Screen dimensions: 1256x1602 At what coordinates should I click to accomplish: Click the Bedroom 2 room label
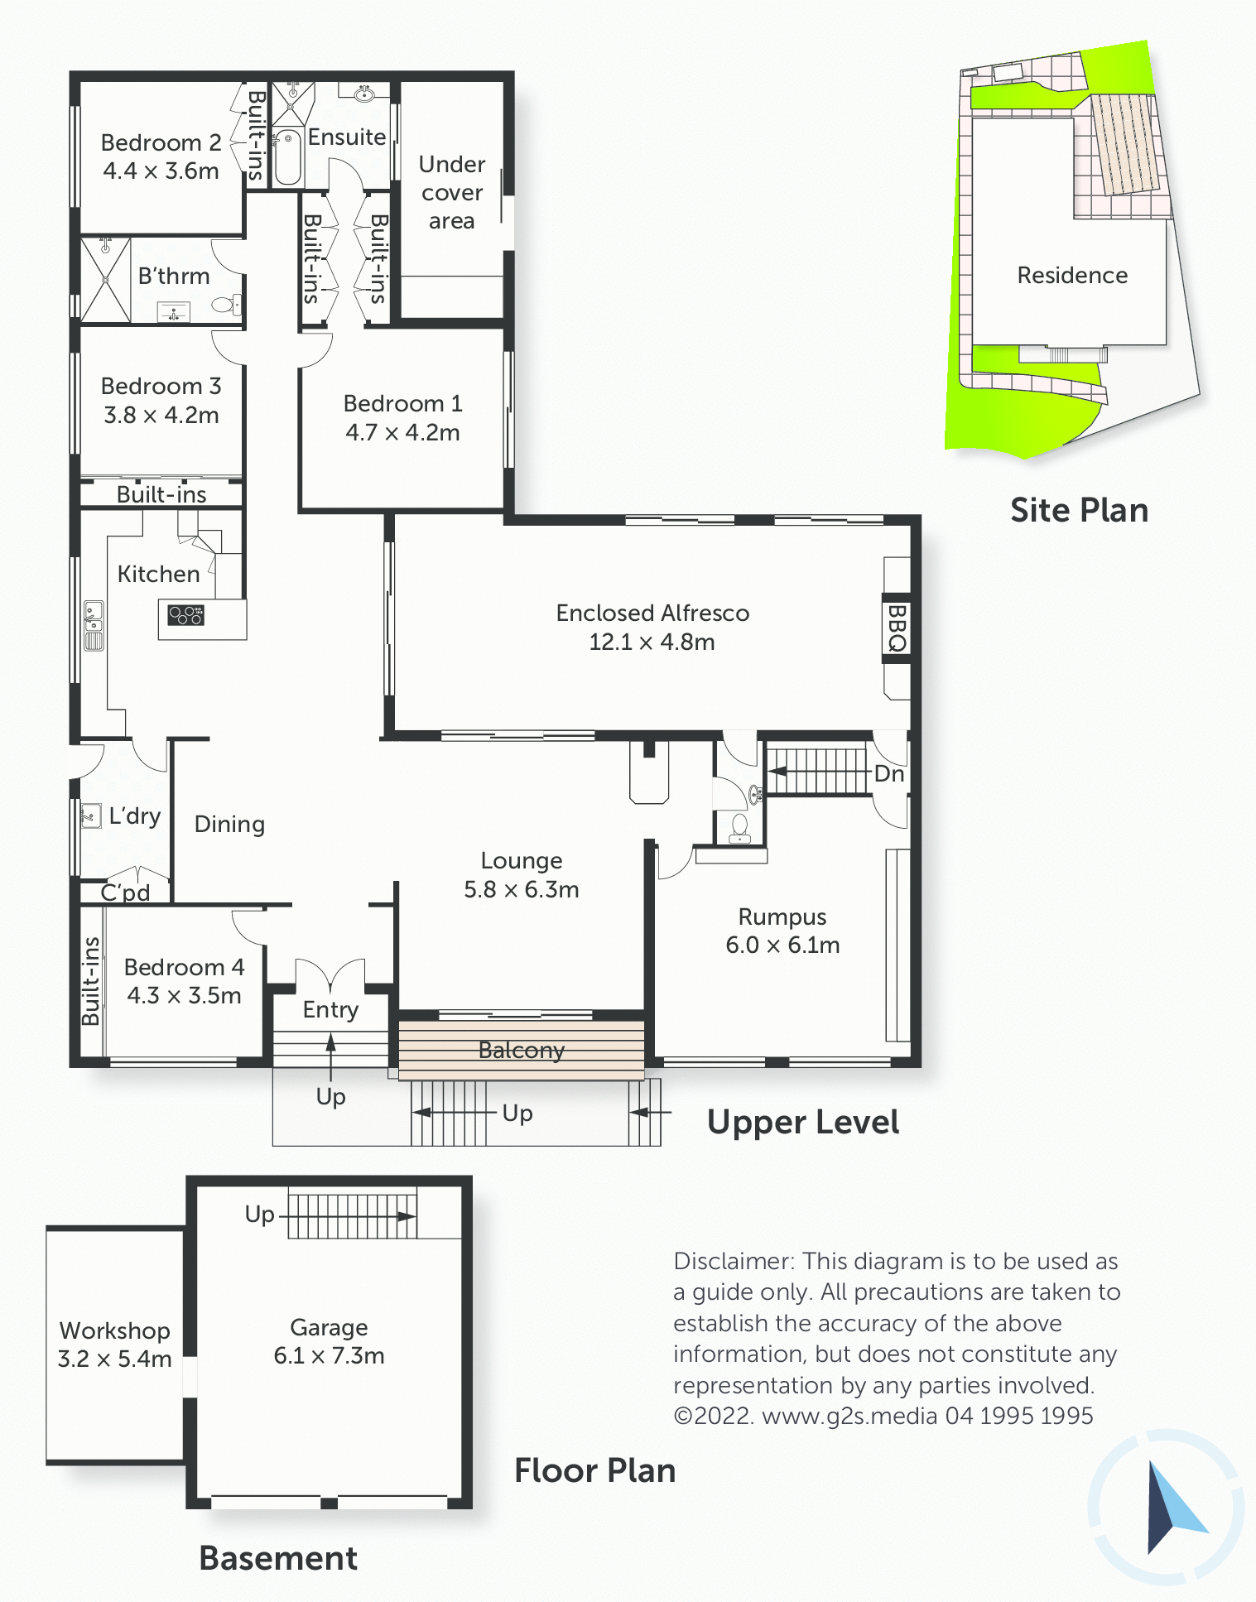[x=161, y=142]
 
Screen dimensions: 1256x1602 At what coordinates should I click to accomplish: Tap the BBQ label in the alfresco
[x=897, y=628]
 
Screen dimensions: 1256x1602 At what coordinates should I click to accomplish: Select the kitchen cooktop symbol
[x=186, y=615]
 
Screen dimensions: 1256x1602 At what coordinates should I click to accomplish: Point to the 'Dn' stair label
[x=889, y=773]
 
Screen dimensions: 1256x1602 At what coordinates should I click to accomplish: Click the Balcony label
[x=522, y=1050]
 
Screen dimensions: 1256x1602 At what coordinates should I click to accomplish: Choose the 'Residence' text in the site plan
[x=1072, y=275]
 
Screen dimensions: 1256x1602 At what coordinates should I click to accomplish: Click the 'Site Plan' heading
[x=1080, y=510]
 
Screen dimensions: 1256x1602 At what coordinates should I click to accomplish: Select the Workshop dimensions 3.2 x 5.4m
[x=114, y=1359]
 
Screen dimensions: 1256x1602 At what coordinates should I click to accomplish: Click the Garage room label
[x=329, y=1327]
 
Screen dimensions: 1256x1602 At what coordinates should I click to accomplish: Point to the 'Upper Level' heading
[x=803, y=1123]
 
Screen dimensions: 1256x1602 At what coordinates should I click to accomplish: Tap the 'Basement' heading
[x=278, y=1558]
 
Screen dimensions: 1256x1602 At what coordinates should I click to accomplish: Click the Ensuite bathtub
[x=287, y=156]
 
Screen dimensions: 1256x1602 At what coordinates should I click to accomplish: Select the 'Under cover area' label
[x=451, y=192]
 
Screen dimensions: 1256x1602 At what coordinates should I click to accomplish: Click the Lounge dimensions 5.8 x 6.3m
[x=522, y=889]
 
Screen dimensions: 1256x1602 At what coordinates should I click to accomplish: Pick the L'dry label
[x=135, y=816]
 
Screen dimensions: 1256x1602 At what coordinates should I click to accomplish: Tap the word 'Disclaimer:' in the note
[x=734, y=1261]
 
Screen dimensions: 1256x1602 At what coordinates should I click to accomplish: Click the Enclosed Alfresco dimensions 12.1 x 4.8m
[x=652, y=642]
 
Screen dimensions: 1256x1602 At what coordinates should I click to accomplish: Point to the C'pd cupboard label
[x=125, y=892]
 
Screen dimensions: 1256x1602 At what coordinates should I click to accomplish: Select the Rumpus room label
[x=782, y=916]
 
